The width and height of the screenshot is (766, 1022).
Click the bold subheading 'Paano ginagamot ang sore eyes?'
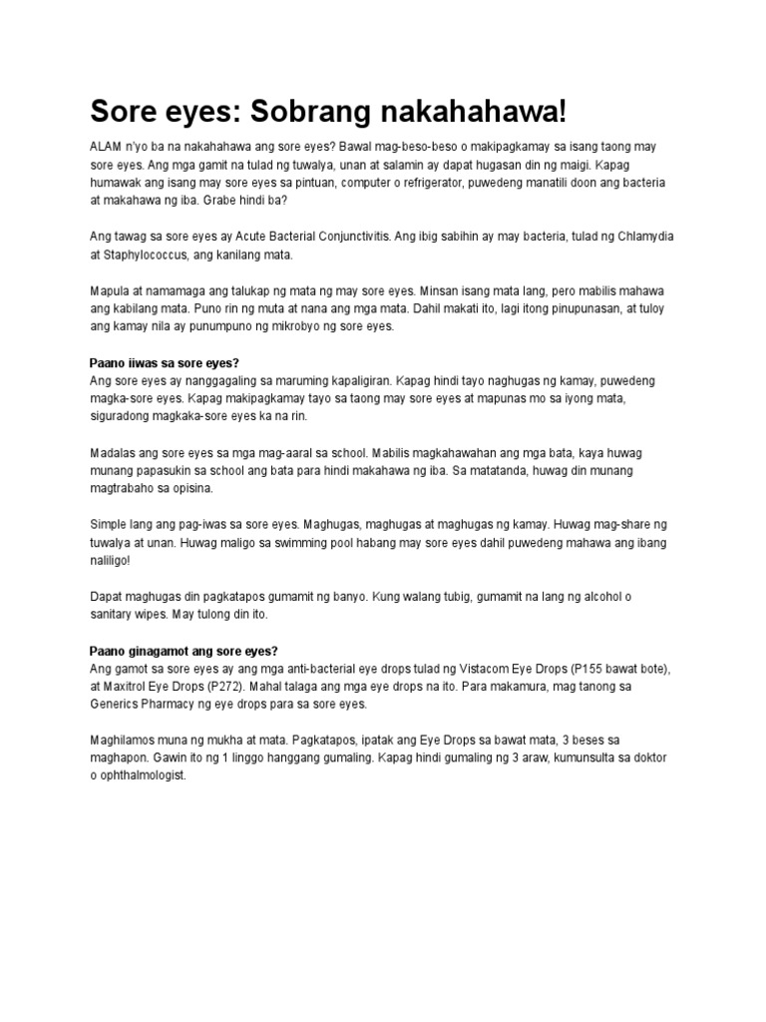[x=184, y=651]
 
